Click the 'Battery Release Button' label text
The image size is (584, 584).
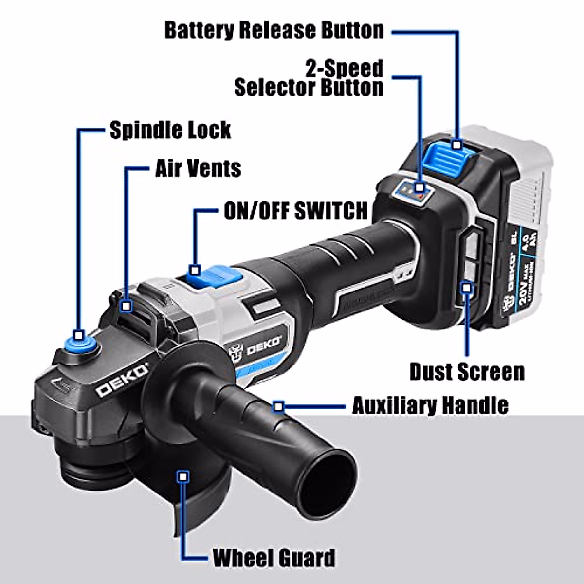point(274,30)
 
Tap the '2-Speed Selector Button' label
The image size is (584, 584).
point(309,78)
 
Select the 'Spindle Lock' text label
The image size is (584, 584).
point(170,130)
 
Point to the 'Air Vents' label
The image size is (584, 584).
point(198,168)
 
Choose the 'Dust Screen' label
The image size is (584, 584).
point(467,372)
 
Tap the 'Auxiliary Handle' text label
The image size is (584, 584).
point(430,405)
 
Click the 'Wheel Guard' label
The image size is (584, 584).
point(274,557)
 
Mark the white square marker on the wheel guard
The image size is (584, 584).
point(183,476)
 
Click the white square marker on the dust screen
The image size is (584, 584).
point(467,288)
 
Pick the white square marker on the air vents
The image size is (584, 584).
point(127,306)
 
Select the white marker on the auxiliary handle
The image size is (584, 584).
point(278,405)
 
